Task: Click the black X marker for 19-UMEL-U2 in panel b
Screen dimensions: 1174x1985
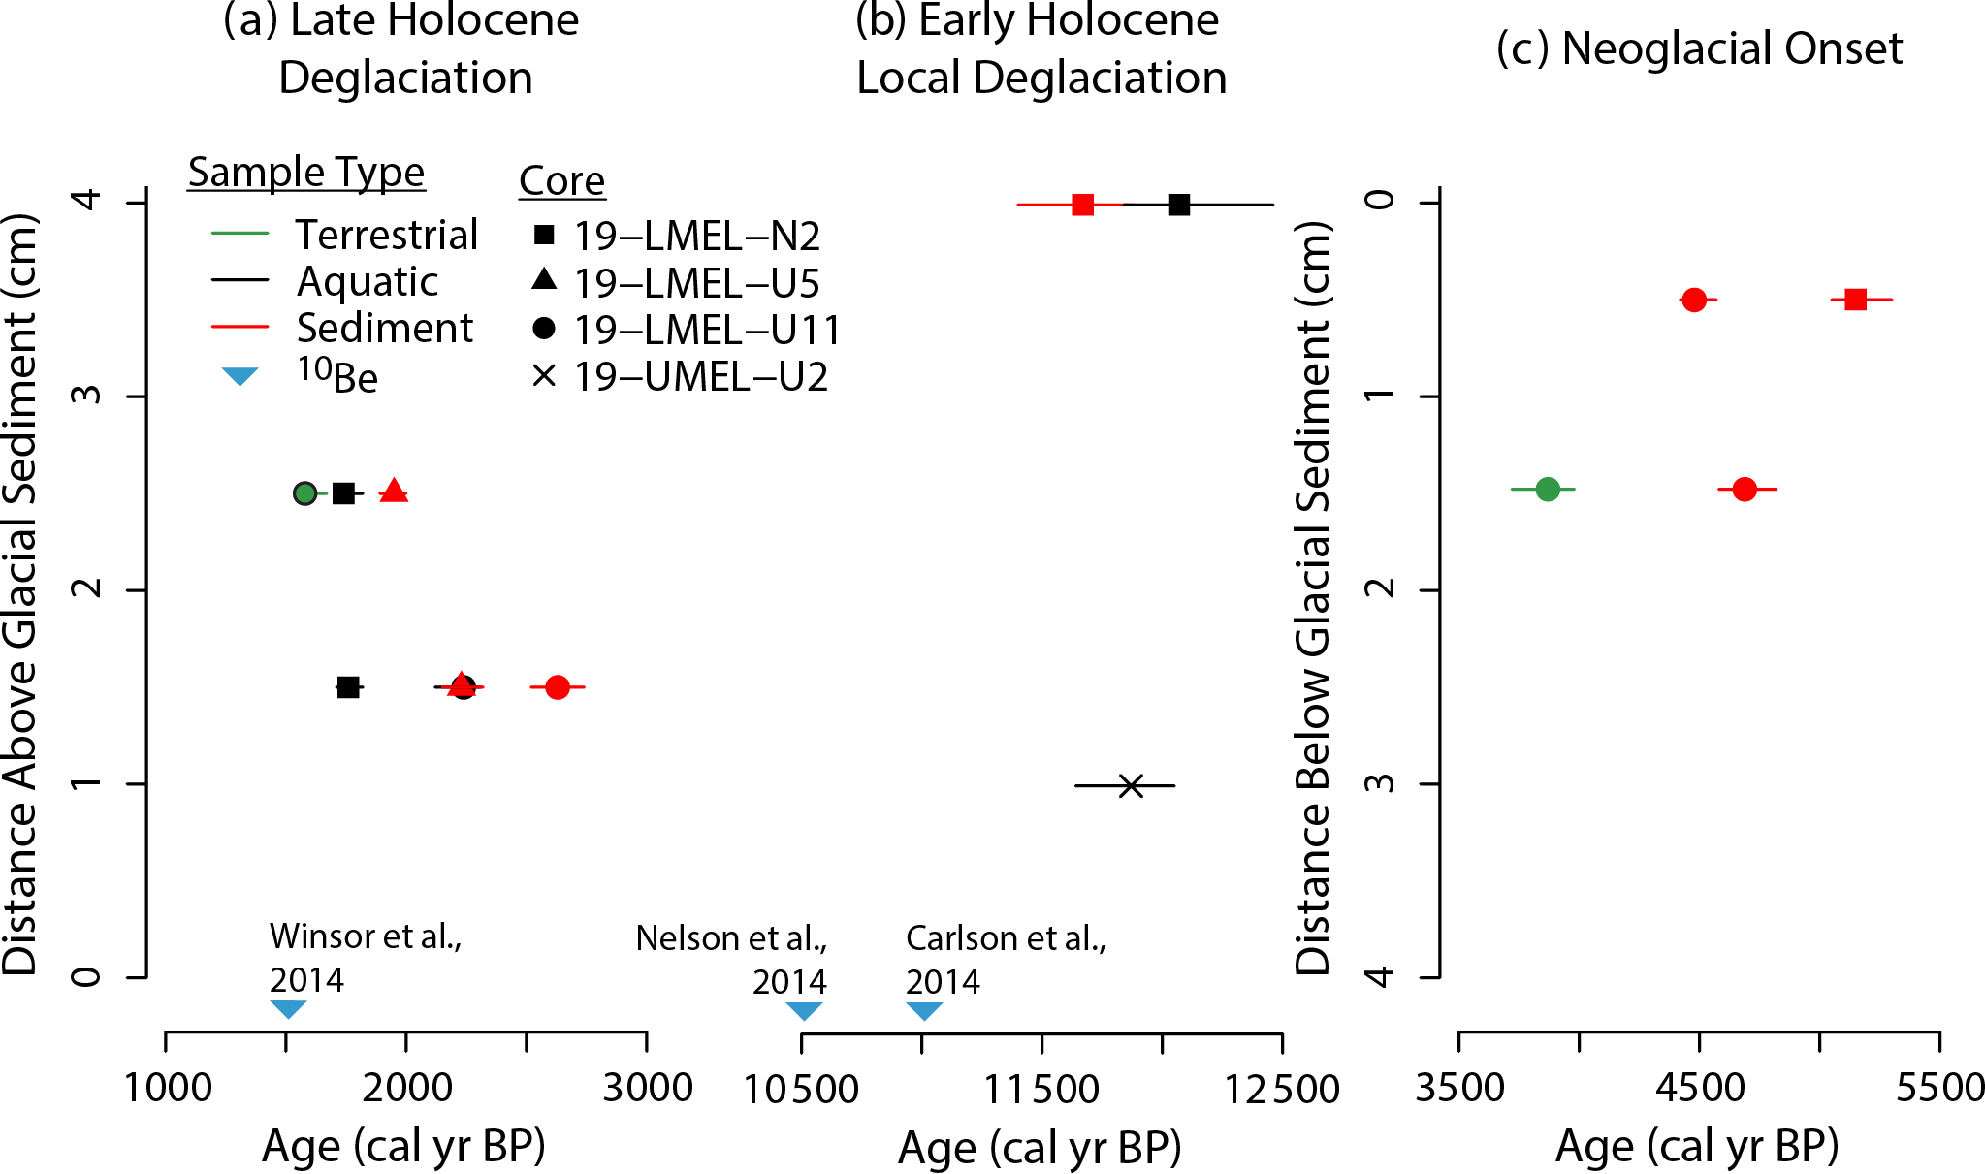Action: (x=1131, y=785)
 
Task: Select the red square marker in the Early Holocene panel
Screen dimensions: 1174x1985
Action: (x=1082, y=205)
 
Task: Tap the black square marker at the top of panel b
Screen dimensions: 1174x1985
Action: (x=1178, y=205)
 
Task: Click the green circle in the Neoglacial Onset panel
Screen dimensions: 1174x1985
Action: (x=1548, y=489)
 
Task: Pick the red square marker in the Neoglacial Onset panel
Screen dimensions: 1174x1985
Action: (x=1855, y=300)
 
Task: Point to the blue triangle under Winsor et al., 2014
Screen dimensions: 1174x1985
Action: (x=288, y=1009)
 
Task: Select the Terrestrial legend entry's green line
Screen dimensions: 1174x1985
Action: (x=240, y=234)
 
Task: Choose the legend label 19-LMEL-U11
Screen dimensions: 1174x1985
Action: (x=707, y=331)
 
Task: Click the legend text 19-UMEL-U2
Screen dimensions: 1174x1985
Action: (x=701, y=377)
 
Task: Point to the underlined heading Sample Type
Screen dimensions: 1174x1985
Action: (x=306, y=173)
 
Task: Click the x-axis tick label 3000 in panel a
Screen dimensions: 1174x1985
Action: (x=647, y=1088)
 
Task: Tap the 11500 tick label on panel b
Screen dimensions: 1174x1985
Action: (x=1041, y=1090)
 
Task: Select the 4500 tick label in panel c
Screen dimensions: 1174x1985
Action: (x=1699, y=1088)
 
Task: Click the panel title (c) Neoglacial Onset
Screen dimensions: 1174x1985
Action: (x=1699, y=48)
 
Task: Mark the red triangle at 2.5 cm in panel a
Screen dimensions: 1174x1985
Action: (x=394, y=491)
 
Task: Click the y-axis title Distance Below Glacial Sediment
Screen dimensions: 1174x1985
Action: (x=1313, y=596)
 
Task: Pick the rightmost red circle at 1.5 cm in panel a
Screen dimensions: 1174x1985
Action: (x=557, y=687)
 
